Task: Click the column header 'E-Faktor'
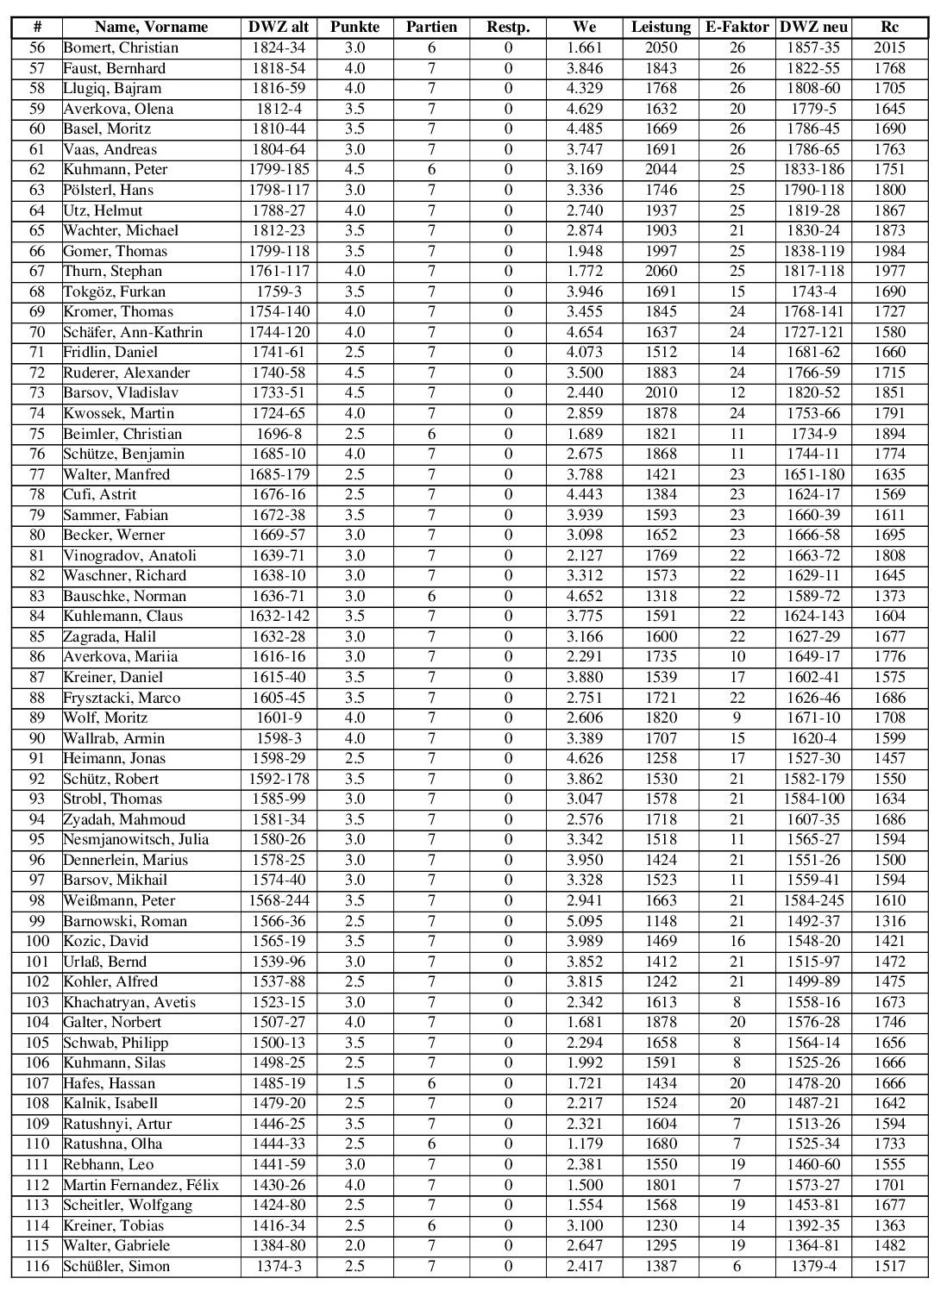(x=737, y=27)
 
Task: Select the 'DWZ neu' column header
(x=813, y=27)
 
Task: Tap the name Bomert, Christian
(x=121, y=47)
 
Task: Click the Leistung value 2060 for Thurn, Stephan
(x=661, y=271)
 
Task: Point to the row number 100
(x=38, y=941)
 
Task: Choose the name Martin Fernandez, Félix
(x=141, y=1185)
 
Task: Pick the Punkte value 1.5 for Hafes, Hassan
(x=354, y=1083)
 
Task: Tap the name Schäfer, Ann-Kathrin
(x=133, y=332)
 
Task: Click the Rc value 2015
(x=889, y=47)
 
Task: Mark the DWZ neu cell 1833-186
(x=813, y=169)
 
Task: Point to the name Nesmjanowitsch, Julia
(x=135, y=839)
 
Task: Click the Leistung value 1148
(x=661, y=921)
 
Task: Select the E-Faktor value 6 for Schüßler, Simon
(x=737, y=1266)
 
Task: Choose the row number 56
(x=38, y=47)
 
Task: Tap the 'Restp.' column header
(x=508, y=27)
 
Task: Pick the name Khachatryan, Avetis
(x=129, y=1002)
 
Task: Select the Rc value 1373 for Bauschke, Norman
(x=889, y=596)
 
